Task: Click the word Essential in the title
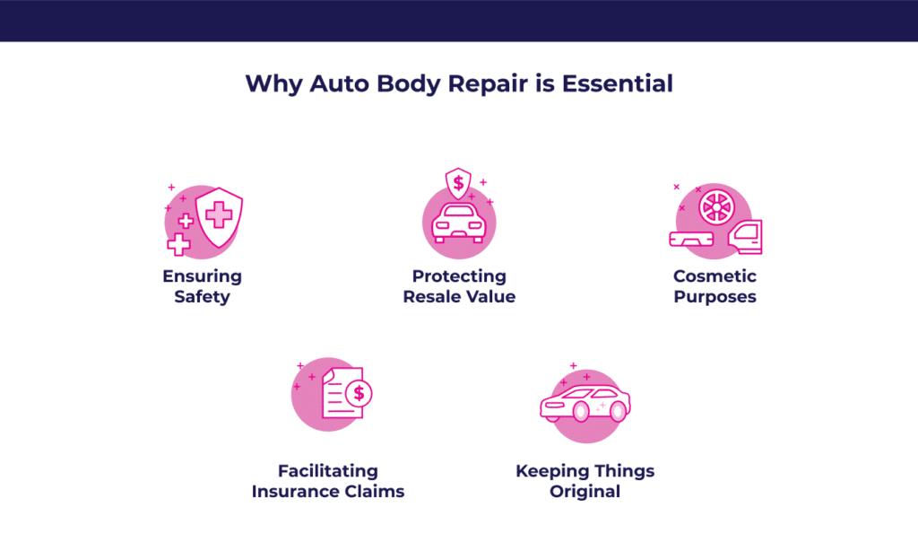(x=617, y=83)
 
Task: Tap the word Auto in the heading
(x=340, y=83)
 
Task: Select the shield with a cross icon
(x=219, y=217)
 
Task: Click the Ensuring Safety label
(x=202, y=286)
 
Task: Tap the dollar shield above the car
(x=458, y=183)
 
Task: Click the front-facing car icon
(x=459, y=223)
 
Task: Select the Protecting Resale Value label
(x=459, y=286)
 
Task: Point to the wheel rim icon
(x=716, y=207)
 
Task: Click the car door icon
(x=745, y=237)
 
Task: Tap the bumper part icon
(x=691, y=239)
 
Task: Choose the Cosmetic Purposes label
(x=714, y=286)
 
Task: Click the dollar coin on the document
(x=359, y=393)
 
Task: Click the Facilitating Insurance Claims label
(x=328, y=481)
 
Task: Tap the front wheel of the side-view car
(x=581, y=412)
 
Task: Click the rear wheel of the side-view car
(x=618, y=412)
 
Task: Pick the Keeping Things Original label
(x=585, y=481)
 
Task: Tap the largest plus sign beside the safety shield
(x=178, y=244)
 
